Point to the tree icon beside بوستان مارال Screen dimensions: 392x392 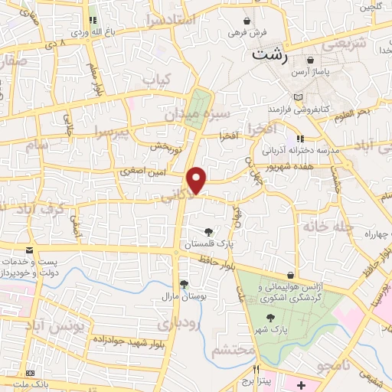tap(183, 282)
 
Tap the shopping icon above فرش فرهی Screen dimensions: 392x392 tap(247, 21)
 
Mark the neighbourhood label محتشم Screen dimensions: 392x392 tap(230, 351)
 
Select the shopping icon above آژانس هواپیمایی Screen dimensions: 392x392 tap(290, 274)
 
